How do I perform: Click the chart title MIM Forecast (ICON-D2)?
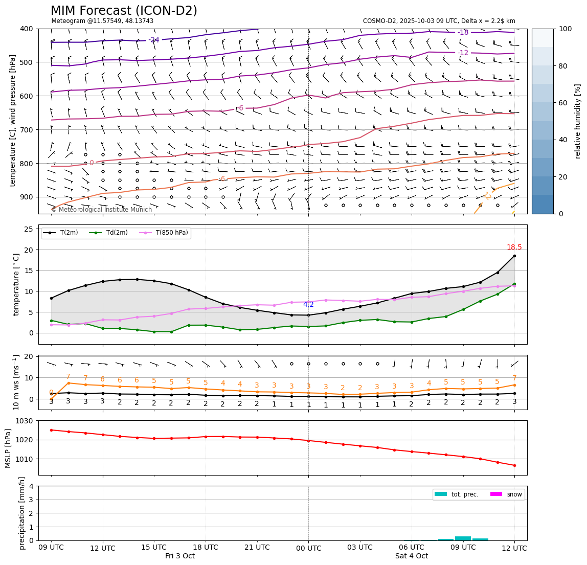(x=124, y=11)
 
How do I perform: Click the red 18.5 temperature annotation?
(x=514, y=247)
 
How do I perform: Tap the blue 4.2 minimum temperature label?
(x=308, y=305)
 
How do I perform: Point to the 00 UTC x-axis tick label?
(x=309, y=548)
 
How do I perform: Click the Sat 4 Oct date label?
(x=412, y=556)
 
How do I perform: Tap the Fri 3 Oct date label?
(x=180, y=556)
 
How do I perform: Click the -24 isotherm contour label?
(x=154, y=40)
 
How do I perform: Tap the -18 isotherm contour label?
(x=463, y=32)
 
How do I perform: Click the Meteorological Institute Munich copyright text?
(x=102, y=210)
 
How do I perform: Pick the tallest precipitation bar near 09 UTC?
(x=463, y=538)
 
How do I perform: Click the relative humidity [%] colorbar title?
(x=578, y=121)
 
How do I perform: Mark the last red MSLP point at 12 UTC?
(x=514, y=465)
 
